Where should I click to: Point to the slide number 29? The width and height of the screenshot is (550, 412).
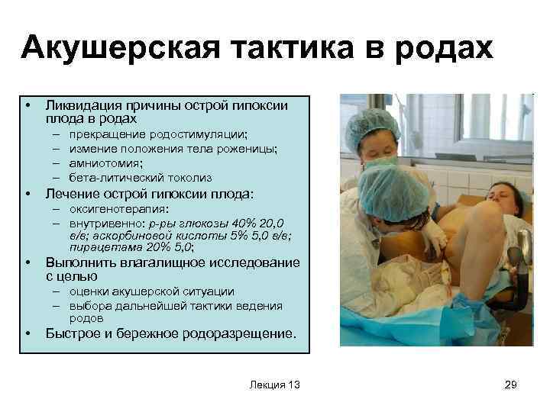point(511,385)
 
